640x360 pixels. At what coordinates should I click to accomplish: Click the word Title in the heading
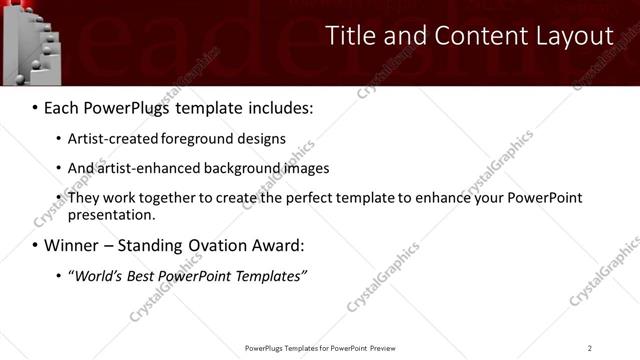(352, 36)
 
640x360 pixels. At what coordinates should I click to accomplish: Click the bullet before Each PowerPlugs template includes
(36, 107)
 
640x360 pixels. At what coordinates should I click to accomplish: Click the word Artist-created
(106, 139)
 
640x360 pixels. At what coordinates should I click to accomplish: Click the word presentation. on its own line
(111, 214)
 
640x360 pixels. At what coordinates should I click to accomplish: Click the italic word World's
(97, 275)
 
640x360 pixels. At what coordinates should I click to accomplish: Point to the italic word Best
(149, 275)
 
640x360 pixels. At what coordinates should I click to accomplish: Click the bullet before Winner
(36, 245)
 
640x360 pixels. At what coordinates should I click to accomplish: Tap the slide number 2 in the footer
(590, 348)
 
